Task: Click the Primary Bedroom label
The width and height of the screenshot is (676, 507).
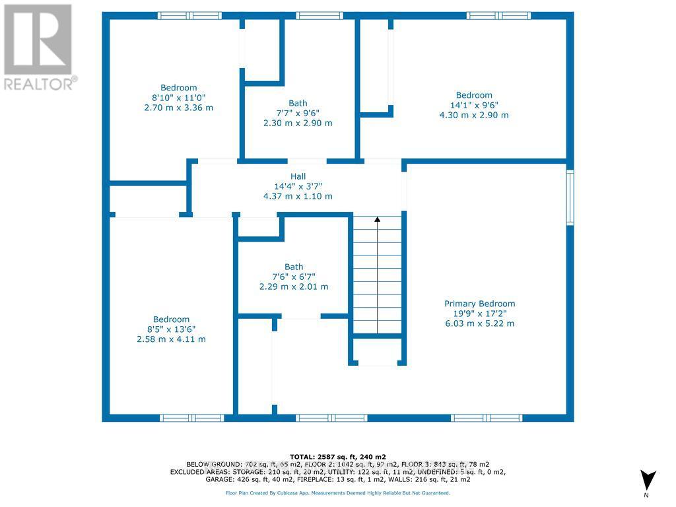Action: [x=479, y=304]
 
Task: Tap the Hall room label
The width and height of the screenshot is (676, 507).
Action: [x=298, y=176]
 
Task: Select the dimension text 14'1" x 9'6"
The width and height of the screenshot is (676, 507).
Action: [x=473, y=105]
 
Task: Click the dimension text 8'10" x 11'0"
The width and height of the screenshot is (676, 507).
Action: [x=178, y=98]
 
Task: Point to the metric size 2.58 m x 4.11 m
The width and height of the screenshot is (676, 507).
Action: [x=171, y=339]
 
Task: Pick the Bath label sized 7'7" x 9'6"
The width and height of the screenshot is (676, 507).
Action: [x=298, y=103]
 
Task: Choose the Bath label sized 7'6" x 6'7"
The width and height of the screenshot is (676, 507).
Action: [x=294, y=267]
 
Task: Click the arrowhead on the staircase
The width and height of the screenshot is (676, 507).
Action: [x=377, y=219]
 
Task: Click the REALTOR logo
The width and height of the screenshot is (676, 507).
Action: [x=38, y=47]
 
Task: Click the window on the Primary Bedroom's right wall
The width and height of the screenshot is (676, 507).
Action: [x=570, y=197]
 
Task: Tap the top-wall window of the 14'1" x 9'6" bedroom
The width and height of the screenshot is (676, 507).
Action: [x=498, y=15]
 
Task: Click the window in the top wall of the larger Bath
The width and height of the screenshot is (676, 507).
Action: [x=320, y=15]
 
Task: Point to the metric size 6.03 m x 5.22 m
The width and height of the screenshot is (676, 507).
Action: [x=479, y=323]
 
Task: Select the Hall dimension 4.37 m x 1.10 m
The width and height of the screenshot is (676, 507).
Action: [x=298, y=196]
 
